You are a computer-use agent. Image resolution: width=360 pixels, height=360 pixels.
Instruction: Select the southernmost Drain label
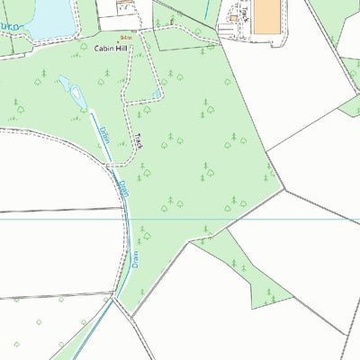point(137,260)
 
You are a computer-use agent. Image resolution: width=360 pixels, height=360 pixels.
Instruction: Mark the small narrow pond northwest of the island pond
point(63,81)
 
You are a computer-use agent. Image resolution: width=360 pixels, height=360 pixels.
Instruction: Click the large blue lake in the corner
point(45,13)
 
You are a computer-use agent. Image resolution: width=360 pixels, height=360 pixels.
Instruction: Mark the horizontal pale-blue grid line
point(270,219)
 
